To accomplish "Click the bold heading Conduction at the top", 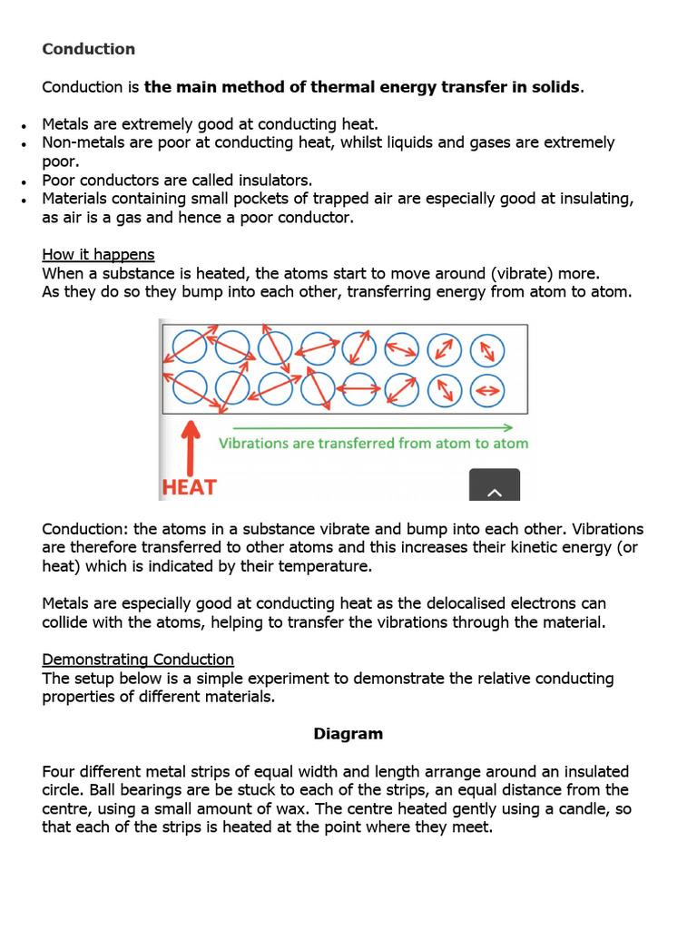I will [x=88, y=49].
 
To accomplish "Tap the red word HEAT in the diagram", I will [x=189, y=487].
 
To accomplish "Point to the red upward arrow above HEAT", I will [x=190, y=445].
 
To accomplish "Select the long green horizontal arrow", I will [x=373, y=427].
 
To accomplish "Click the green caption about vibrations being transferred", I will [x=373, y=444].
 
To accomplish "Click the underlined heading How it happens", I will [x=98, y=254].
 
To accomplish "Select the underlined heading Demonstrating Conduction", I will [x=138, y=660].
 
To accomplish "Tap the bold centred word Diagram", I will [x=348, y=733].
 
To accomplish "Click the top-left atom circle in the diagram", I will [x=189, y=346].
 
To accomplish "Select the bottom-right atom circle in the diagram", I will [x=488, y=390].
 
